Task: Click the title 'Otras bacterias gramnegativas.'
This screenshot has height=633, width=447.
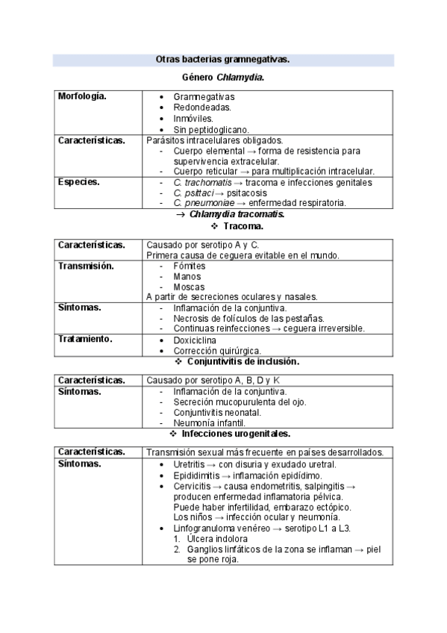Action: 222,59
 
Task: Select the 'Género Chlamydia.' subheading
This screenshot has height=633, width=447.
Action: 223,78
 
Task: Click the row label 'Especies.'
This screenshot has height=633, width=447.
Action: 78,181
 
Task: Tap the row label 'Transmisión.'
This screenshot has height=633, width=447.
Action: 86,266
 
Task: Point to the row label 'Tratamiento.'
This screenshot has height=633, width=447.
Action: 85,339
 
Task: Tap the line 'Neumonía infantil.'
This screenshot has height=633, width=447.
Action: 210,422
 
